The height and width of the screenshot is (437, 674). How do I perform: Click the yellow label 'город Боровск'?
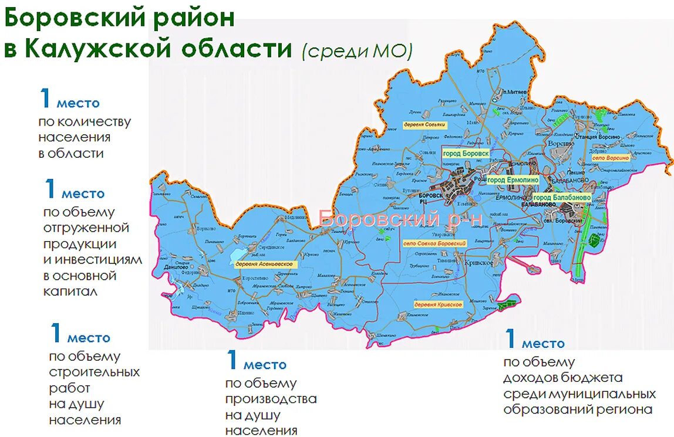click(466, 153)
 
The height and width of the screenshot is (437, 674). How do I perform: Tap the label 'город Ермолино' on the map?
click(513, 180)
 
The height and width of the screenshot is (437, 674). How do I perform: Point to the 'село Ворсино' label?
click(611, 158)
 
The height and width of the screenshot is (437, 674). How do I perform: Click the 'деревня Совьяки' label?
click(425, 125)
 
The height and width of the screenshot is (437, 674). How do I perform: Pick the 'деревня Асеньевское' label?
click(264, 264)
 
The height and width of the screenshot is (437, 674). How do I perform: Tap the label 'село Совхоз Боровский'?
click(435, 243)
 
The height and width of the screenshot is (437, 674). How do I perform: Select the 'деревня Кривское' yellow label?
click(438, 305)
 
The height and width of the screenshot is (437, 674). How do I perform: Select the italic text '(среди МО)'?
click(357, 51)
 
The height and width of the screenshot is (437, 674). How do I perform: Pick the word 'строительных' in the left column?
click(95, 372)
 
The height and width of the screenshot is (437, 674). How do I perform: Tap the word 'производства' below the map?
click(271, 399)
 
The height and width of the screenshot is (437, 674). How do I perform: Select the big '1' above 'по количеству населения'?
click(46, 98)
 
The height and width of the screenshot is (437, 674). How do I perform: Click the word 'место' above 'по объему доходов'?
click(543, 344)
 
